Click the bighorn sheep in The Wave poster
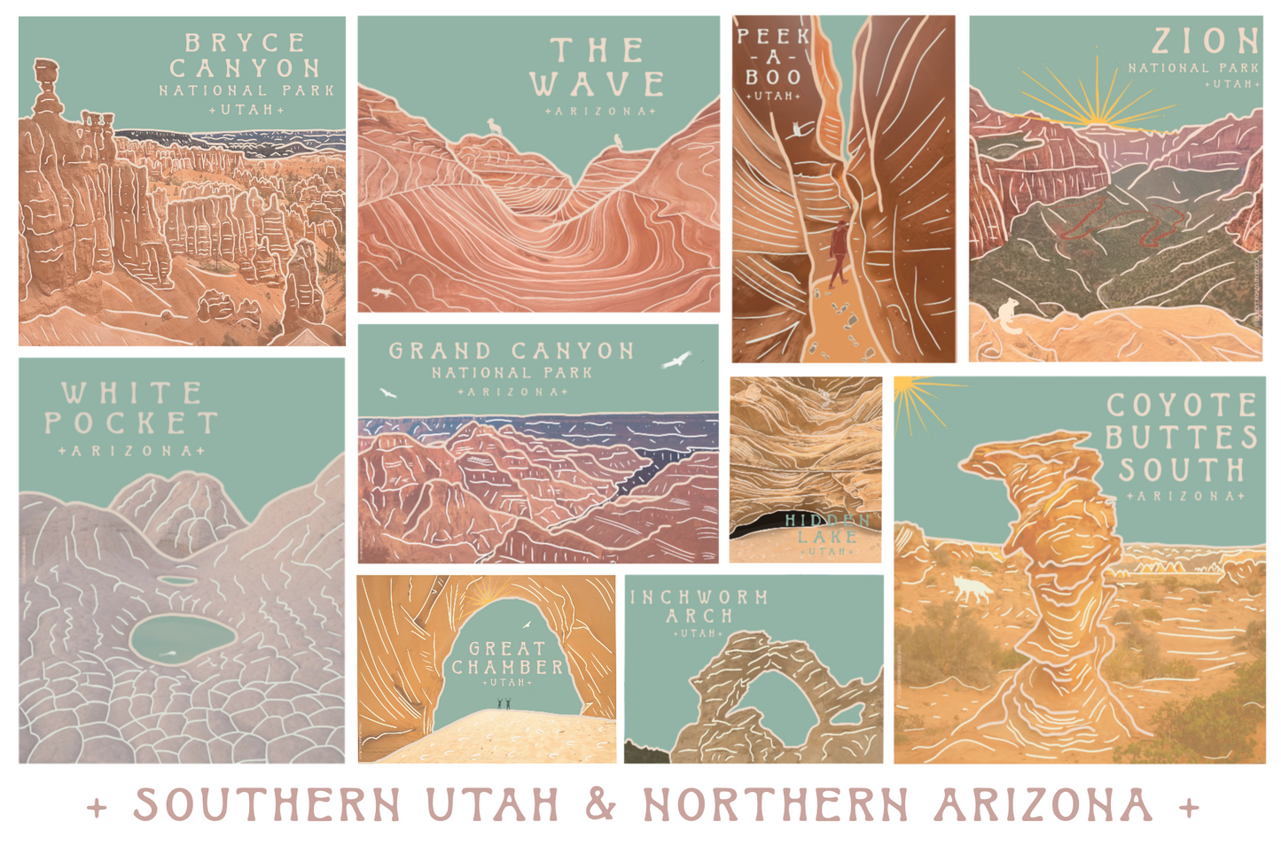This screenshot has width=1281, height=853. tap(494, 128)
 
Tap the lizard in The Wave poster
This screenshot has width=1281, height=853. tap(382, 291)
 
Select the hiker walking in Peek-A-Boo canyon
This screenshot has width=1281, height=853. tap(838, 253)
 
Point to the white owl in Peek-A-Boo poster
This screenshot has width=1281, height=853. tap(799, 129)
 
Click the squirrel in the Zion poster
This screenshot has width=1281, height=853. tap(1008, 315)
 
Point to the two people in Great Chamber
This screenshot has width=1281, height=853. tap(504, 703)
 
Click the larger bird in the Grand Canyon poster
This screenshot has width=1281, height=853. tap(677, 360)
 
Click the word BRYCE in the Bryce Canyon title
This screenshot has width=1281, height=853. tap(245, 43)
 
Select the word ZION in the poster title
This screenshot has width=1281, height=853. tap(1205, 41)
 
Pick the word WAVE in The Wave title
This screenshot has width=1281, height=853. tap(597, 85)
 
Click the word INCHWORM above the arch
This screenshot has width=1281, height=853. tap(699, 598)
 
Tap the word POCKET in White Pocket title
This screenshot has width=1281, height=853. tap(131, 423)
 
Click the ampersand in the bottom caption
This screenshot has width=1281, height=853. tap(600, 804)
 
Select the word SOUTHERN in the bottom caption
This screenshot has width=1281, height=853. tap(267, 805)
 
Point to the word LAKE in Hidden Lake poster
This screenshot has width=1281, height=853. tap(826, 536)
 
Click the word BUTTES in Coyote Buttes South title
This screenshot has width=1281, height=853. tap(1181, 438)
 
